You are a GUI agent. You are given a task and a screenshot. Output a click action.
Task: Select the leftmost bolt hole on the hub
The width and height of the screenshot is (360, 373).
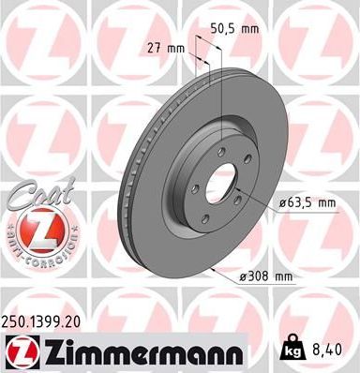point(195,174)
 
